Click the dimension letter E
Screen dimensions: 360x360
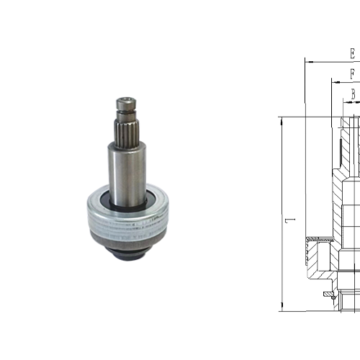click(351, 54)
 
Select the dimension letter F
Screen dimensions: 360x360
click(352, 73)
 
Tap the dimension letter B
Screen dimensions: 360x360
click(354, 93)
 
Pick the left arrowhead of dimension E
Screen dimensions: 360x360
click(308, 62)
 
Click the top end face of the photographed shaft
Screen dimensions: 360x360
click(127, 99)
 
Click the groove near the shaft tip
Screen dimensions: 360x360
click(127, 114)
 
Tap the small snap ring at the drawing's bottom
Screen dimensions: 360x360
click(329, 295)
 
